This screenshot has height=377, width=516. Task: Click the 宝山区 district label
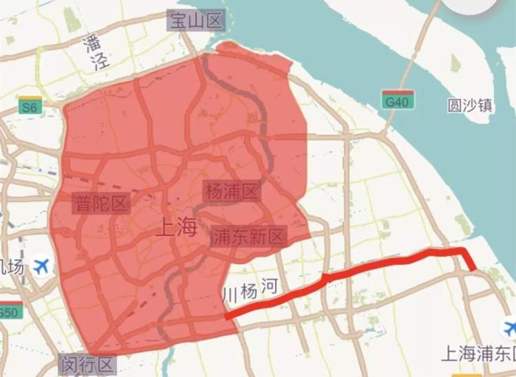[197, 21]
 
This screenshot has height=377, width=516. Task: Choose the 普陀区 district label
[101, 203]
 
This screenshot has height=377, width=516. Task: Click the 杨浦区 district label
[231, 191]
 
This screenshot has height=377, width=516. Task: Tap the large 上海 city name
[177, 226]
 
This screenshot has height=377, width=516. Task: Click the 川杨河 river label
[250, 291]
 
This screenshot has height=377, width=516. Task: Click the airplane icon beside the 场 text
[41, 265]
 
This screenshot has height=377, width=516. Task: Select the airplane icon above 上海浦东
[510, 327]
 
